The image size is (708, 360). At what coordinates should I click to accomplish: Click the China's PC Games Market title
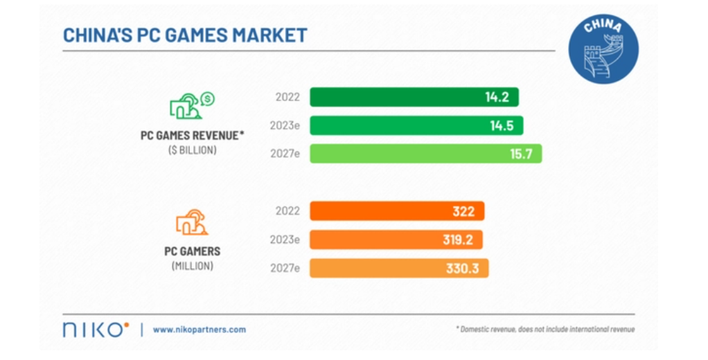click(185, 35)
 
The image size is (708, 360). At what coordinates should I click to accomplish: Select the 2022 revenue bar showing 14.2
click(414, 97)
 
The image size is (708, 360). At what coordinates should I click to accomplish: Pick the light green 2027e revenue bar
click(425, 154)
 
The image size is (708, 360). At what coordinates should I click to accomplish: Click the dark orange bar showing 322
click(396, 211)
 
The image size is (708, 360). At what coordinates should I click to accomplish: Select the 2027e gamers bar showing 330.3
click(398, 268)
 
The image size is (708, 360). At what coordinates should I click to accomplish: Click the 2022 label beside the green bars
click(287, 97)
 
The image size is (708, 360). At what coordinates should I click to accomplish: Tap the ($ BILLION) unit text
click(193, 150)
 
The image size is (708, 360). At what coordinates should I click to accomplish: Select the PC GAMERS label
click(193, 251)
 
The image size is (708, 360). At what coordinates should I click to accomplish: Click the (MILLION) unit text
click(193, 265)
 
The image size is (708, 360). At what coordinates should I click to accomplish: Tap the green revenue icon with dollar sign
click(191, 105)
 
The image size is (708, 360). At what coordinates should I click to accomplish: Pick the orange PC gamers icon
click(192, 222)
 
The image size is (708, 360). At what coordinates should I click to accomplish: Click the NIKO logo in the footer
click(96, 330)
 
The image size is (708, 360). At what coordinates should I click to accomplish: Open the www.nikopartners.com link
click(199, 330)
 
